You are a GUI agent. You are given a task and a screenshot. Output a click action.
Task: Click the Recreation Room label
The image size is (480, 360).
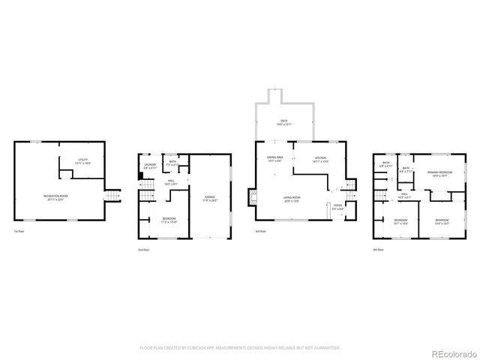(52, 197)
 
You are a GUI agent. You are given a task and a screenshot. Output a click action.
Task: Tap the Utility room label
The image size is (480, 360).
(83, 161)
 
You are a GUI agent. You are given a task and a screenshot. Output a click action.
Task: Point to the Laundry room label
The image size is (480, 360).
(150, 166)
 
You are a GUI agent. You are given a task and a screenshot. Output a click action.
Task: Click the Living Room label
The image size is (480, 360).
(292, 198)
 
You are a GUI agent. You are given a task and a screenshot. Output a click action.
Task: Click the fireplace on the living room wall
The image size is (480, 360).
(253, 198)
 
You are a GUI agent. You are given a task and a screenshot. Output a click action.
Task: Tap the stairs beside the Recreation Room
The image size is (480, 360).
(112, 196)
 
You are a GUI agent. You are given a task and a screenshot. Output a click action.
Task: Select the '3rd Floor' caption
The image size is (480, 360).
(259, 231)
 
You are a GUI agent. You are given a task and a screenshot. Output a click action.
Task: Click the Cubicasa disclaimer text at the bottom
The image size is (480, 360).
(240, 348)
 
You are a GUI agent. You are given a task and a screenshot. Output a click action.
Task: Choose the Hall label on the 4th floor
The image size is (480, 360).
(403, 195)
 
